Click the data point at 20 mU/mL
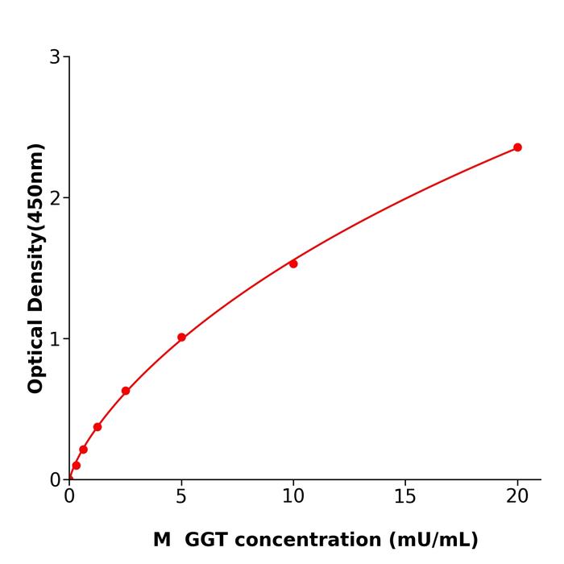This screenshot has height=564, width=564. (517, 147)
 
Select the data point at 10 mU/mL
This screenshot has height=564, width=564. (293, 263)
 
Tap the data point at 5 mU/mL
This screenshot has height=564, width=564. (181, 338)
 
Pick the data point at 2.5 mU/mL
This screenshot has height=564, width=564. (126, 391)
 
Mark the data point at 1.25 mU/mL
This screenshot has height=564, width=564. (97, 427)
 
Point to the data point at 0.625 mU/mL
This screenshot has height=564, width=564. (83, 450)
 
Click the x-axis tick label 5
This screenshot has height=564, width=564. (181, 497)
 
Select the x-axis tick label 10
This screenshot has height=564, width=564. (293, 497)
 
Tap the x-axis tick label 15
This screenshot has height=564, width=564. (405, 497)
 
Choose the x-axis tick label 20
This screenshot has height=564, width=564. (517, 497)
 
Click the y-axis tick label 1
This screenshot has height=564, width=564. (55, 339)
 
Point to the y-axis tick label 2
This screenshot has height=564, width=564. (55, 198)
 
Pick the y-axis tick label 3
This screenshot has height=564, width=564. (55, 57)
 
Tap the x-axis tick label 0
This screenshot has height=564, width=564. (69, 497)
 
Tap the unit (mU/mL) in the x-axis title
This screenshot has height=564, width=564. (432, 540)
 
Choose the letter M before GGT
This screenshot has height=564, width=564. (162, 540)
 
